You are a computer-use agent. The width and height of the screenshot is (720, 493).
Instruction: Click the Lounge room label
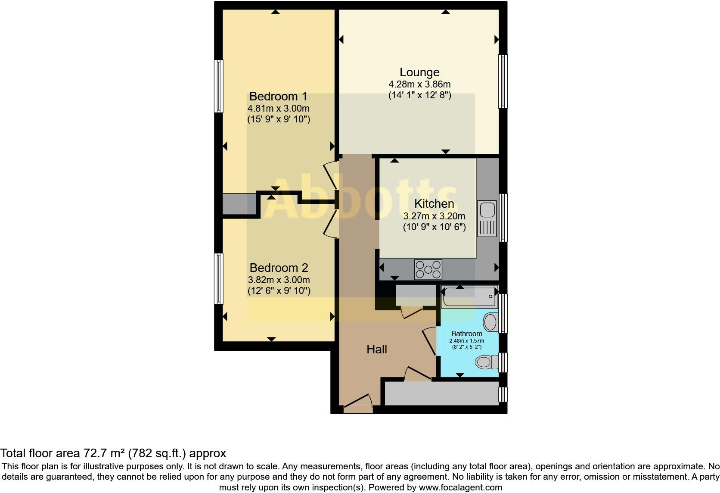tap(419, 72)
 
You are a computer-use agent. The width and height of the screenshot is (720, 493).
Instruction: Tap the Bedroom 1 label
tap(279, 96)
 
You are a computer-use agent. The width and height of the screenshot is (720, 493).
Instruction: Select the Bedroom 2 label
tap(279, 268)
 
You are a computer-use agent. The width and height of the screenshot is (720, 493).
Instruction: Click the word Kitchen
tap(434, 204)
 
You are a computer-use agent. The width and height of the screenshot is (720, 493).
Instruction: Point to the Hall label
tap(377, 349)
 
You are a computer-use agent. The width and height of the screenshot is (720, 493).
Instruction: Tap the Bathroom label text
tap(466, 334)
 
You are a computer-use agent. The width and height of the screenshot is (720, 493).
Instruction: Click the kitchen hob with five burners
tap(428, 270)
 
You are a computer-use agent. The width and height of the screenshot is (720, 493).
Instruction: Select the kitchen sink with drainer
tap(487, 219)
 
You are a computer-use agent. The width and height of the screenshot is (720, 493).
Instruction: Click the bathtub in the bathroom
tap(469, 297)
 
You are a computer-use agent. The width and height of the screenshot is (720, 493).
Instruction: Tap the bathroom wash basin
tap(490, 321)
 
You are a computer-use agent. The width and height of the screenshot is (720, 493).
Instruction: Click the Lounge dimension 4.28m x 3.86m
tap(419, 84)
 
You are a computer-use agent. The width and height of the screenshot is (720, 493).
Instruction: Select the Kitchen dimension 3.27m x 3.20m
tap(434, 216)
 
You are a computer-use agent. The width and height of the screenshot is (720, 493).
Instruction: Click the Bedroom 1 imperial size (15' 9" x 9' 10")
tap(279, 119)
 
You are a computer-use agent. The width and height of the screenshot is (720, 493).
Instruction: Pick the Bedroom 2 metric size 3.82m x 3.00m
tap(279, 280)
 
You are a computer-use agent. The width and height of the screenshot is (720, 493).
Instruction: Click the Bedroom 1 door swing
tap(330, 175)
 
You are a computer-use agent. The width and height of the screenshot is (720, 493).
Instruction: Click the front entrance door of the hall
tap(358, 403)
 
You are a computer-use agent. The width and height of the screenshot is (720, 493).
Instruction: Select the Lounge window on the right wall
tap(503, 81)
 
